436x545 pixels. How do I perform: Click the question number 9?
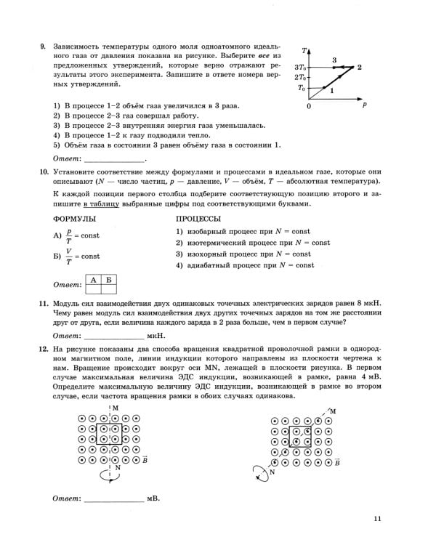pos(43,47)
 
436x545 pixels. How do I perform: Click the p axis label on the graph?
pos(364,105)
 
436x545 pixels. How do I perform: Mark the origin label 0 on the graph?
pos(308,106)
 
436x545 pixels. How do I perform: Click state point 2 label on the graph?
pos(360,67)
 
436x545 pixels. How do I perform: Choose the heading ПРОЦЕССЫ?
pos(198,219)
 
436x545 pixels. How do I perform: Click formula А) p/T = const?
pos(76,236)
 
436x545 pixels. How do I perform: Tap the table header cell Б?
pos(109,279)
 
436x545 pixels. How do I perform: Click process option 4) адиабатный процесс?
pos(245,266)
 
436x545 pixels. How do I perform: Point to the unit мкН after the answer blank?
pos(156,336)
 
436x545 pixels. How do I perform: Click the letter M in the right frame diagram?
pos(333,411)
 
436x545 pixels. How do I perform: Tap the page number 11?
pos(376,518)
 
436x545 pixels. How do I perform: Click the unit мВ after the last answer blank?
pos(153,499)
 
